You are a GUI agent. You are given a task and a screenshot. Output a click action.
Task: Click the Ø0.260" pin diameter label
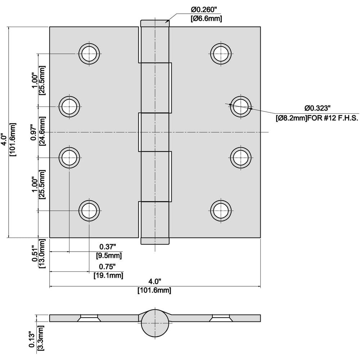pos(204,10)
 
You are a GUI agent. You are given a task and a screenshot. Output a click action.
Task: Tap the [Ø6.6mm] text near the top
pos(206,18)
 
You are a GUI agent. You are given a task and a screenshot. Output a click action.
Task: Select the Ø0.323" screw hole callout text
pos(317,108)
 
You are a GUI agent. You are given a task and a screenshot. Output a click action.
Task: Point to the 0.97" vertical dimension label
pos(34,132)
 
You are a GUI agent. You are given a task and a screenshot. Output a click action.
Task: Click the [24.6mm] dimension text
pos(42,131)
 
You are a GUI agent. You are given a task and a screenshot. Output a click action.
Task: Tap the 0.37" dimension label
pos(107,247)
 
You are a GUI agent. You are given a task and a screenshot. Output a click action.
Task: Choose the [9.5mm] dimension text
pos(109,255)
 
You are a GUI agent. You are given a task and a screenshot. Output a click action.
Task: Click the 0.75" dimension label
pos(107,266)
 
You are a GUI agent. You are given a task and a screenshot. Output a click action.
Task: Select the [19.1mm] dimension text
pos(108,275)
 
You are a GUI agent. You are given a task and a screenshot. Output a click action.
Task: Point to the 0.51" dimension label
pos(35,253)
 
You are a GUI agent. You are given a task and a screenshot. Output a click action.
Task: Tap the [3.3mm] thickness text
pos(40,338)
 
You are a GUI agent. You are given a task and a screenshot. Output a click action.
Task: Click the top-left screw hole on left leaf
pos(89,54)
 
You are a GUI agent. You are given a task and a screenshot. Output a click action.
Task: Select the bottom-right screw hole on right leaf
pos(221,211)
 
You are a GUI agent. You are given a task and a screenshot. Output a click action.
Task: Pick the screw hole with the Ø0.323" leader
pos(241,107)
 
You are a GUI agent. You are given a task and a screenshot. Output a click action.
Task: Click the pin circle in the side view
pos(155,323)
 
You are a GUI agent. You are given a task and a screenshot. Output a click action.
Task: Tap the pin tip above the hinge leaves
pos(155,23)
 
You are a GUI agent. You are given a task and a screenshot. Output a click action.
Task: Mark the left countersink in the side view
pos(89,318)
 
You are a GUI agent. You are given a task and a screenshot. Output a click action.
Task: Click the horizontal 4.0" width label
pos(155,281)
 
